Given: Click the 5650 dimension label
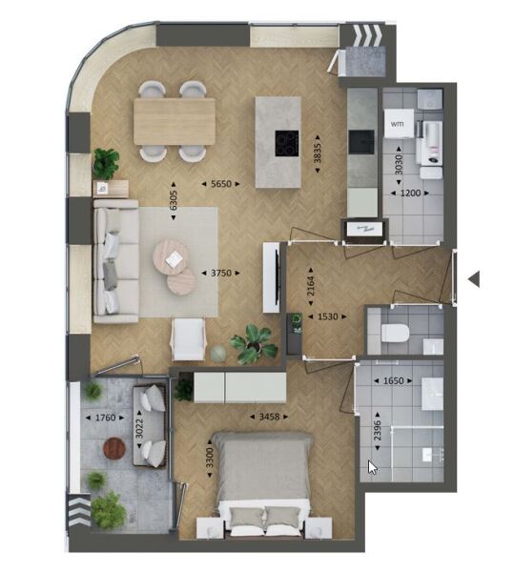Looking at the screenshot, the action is coord(221,184).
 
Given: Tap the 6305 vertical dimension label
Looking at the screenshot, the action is coord(174,200).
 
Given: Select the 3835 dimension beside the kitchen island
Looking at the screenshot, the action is coord(318,153).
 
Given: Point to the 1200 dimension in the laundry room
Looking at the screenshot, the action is coord(410,193).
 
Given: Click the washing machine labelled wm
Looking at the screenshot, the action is coord(399,124).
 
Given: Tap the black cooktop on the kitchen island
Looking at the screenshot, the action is coord(287,143).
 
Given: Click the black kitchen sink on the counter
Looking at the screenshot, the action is coord(361,142).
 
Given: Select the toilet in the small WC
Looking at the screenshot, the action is coord(394,334).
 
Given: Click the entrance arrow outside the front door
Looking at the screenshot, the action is coord(474,279).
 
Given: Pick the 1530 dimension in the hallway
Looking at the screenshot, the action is coord(328,317).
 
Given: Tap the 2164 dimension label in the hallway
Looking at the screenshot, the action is coord(311,286).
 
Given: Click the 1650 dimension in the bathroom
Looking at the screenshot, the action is coord(393,380).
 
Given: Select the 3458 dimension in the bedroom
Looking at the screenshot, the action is coord(269,417).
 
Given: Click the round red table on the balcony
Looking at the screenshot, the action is coord(114,448).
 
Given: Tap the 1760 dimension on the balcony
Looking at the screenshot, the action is coord(105,418).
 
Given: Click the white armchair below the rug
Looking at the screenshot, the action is coord(189,339).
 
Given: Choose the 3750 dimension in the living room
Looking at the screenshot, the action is coord(221,273).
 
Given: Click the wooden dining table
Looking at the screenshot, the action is coord(175,121).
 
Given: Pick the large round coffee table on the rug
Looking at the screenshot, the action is coord(171,256).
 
